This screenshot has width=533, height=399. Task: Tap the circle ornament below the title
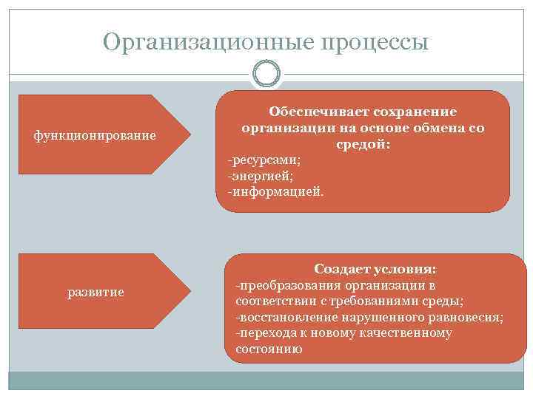(x=266, y=75)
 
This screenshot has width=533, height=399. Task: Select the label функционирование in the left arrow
(x=95, y=135)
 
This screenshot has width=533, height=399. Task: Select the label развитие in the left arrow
(x=95, y=293)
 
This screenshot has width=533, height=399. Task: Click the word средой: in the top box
(x=363, y=144)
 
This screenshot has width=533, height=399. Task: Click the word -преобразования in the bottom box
(x=281, y=285)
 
